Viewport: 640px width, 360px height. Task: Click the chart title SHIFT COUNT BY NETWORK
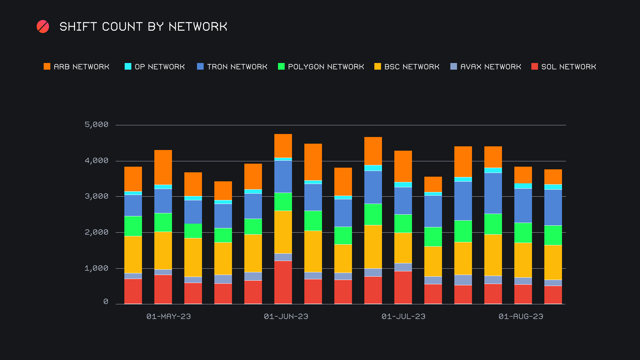[143, 27]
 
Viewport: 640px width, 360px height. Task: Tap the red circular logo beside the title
[43, 27]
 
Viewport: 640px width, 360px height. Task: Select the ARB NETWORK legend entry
[77, 67]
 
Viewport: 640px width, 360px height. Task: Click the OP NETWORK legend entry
[155, 67]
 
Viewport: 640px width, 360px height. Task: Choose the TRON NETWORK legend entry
[232, 67]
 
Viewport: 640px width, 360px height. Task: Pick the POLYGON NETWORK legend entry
[321, 67]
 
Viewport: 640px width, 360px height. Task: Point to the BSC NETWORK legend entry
[407, 67]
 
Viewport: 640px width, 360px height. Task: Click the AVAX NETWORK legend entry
[486, 67]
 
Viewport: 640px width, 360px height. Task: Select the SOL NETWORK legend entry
[564, 67]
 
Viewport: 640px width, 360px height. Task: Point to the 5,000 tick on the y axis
[97, 125]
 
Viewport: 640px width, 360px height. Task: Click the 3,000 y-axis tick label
[97, 196]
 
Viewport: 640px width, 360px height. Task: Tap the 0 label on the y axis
[106, 302]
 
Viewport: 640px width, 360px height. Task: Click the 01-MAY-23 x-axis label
[169, 316]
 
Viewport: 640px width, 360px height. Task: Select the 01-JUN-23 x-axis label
[286, 316]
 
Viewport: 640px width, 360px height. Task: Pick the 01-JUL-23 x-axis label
[403, 316]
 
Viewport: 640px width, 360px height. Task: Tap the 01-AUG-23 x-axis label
[521, 316]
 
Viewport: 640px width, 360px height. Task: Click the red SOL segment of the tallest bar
[283, 282]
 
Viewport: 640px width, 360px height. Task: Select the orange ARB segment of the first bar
[133, 179]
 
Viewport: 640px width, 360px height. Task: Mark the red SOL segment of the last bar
[553, 295]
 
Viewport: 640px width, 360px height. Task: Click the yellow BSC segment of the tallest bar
[283, 232]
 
